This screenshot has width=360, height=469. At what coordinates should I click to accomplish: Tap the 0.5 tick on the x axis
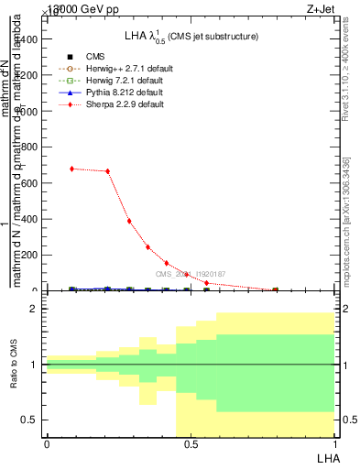(x=191, y=444)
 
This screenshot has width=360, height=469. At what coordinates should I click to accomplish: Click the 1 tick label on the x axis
(x=334, y=444)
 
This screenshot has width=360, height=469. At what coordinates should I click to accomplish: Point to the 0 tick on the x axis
(x=47, y=444)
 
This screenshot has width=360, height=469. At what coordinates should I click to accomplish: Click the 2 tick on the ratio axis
(x=34, y=310)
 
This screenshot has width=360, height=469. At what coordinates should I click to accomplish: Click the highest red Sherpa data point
(x=71, y=169)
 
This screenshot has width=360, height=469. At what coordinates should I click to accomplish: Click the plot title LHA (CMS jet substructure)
(x=191, y=37)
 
